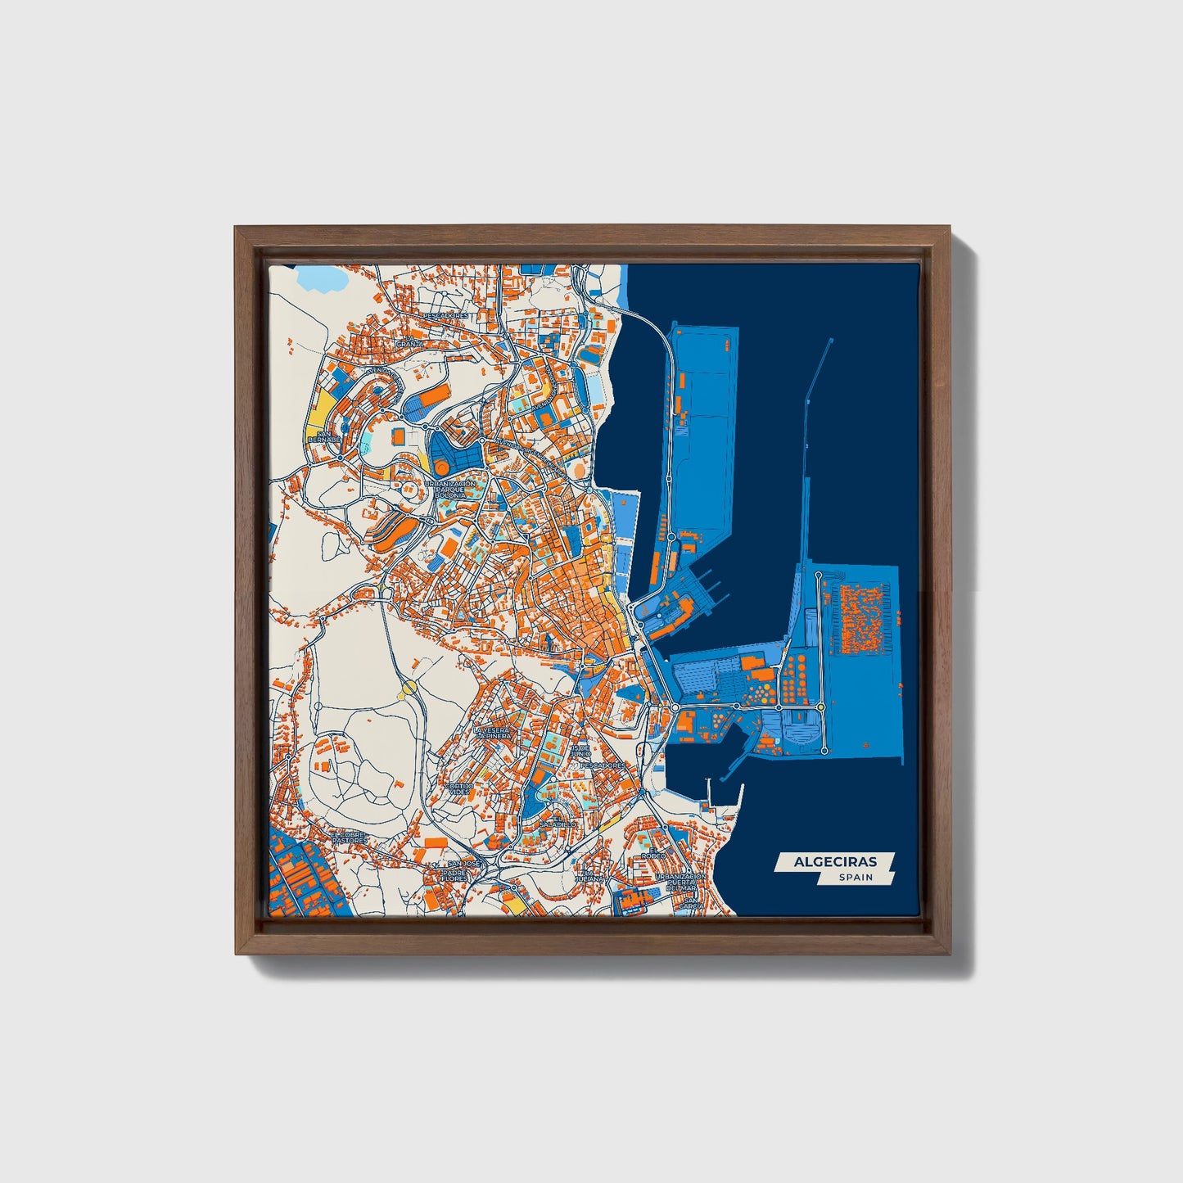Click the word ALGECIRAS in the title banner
point(835,861)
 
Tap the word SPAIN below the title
point(855,878)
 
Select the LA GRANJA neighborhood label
point(409,342)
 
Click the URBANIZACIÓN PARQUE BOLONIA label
point(449,490)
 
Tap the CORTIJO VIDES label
point(459,788)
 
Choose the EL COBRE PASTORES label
point(350,838)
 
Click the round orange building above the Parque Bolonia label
point(441,467)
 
